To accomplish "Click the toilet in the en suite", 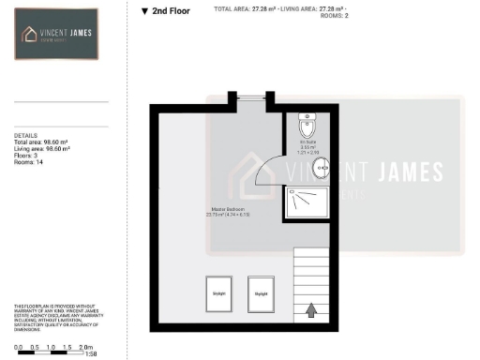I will pos(307,127).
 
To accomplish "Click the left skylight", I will pos(219,293).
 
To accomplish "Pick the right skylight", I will pos(261,293).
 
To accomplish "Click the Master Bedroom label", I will pos(231,212).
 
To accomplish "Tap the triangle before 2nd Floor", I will pos(144,12).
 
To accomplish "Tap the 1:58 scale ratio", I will pos(91,355).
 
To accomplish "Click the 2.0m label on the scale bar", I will pos(87,346).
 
